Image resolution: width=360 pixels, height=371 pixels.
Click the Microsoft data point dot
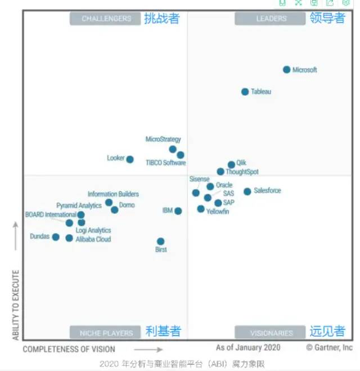coord(286,70)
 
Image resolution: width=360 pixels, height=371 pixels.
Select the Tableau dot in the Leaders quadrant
coord(245,92)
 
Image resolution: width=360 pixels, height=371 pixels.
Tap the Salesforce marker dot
coord(247,191)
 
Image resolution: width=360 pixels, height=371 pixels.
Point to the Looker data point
coord(130,159)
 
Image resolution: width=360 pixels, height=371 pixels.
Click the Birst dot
coord(161,242)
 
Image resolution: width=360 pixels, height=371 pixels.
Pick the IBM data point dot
coord(178,211)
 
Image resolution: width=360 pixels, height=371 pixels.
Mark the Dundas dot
coord(56,237)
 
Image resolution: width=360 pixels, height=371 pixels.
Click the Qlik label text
coord(241,163)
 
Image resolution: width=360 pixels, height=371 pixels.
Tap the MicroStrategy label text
coord(163,139)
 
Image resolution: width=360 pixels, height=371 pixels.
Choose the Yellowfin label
coord(217,212)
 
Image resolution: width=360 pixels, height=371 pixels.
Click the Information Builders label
coord(113,194)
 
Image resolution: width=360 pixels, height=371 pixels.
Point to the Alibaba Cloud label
coord(93,239)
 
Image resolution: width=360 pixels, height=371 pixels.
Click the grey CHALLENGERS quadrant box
coord(105,19)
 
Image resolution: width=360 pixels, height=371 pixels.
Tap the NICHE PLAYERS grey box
coord(105,332)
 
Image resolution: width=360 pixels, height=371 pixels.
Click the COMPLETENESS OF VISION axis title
coord(69,349)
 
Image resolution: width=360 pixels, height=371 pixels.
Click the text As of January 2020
coord(248,347)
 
